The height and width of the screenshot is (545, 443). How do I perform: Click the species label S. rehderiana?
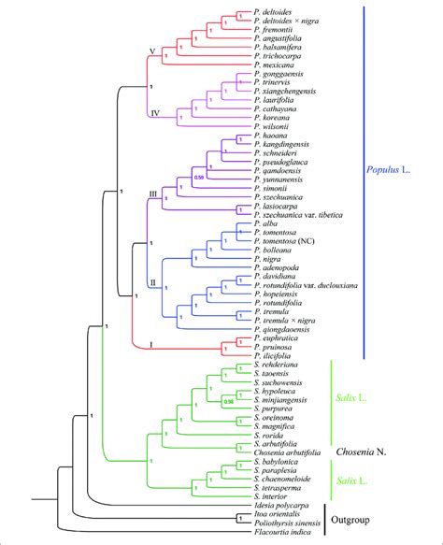278,361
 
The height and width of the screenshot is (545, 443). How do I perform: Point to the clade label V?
152,50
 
